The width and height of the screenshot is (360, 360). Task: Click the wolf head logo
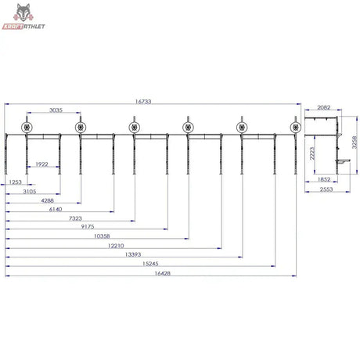click(x=23, y=13)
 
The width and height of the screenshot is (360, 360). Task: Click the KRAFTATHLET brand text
click(x=23, y=27)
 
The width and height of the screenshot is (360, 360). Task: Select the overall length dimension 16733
click(x=143, y=101)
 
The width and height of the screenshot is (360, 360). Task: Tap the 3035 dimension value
click(x=56, y=110)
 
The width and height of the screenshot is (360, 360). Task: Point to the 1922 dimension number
click(x=41, y=164)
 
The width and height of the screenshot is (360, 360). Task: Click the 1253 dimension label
click(x=15, y=182)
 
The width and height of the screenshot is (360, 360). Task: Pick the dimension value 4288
click(x=48, y=200)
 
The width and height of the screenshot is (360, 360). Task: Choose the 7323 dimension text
click(x=75, y=218)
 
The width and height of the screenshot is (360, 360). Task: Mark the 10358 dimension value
click(x=102, y=236)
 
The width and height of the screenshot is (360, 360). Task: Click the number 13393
click(x=133, y=254)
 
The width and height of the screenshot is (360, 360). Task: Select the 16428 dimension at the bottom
click(x=162, y=273)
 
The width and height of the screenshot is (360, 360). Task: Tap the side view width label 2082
click(x=324, y=107)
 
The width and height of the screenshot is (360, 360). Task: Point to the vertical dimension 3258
click(x=355, y=142)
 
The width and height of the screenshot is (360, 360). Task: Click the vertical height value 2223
click(x=312, y=153)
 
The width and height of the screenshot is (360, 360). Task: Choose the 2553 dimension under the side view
click(x=326, y=189)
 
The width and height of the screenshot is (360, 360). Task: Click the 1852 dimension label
click(x=324, y=179)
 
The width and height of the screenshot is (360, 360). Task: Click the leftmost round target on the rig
click(x=27, y=128)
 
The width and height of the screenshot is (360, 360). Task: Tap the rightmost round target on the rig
click(x=296, y=128)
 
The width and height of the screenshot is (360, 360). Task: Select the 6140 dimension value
click(x=56, y=209)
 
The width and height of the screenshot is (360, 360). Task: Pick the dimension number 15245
click(x=150, y=264)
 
